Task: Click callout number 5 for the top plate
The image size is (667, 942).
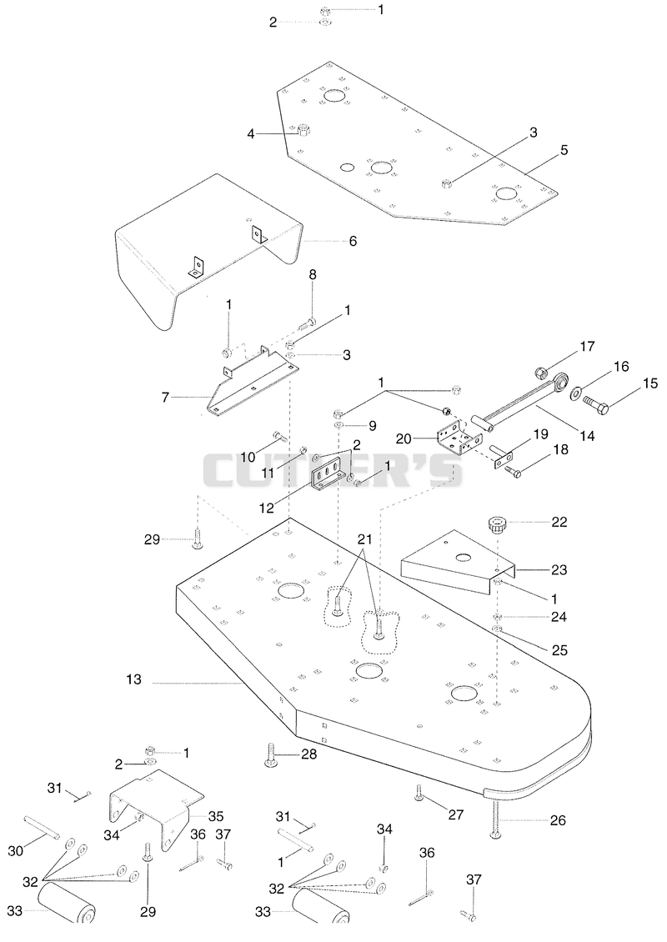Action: click(x=564, y=150)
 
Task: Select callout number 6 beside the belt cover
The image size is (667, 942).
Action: click(x=353, y=241)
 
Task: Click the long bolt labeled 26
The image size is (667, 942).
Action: click(x=496, y=819)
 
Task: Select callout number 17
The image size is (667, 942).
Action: click(x=587, y=347)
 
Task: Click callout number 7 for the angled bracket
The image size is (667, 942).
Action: click(x=165, y=397)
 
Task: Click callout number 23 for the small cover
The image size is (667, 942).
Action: click(x=559, y=569)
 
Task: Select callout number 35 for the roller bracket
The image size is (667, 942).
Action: click(x=215, y=816)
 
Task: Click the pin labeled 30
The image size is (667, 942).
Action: click(x=42, y=827)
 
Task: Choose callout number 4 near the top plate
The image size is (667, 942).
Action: click(x=251, y=134)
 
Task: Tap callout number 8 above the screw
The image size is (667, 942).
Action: click(x=313, y=274)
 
